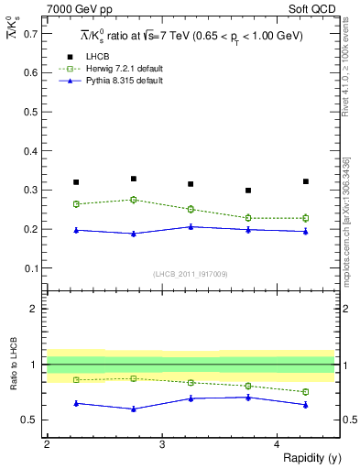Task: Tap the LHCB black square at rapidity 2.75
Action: point(134,179)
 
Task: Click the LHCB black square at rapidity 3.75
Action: point(248,191)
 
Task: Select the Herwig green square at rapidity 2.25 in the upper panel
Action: point(76,204)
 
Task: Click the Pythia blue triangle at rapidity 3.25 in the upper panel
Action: point(191,226)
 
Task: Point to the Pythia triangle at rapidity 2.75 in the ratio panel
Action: point(134,409)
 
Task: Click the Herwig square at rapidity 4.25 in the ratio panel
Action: point(306,392)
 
